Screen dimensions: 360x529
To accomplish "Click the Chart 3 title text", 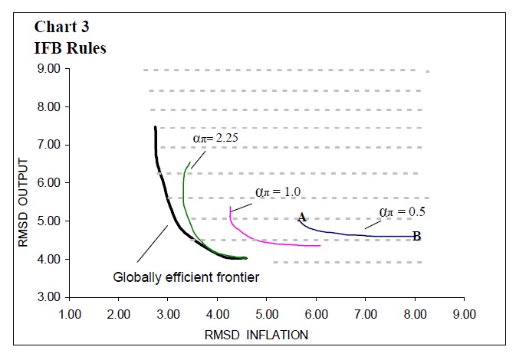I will (62, 26).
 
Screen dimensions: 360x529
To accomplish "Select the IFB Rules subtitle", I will (70, 47).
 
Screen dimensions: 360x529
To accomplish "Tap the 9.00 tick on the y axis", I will (48, 69).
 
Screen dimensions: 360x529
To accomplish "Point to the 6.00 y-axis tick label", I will (48, 183).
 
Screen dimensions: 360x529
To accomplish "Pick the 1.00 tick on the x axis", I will (70, 313).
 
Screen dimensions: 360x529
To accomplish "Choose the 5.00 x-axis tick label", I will (267, 313).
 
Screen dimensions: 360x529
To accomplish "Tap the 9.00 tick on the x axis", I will (465, 313).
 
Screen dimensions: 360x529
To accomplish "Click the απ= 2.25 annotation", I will (217, 139).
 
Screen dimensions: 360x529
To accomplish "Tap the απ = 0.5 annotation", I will (402, 211).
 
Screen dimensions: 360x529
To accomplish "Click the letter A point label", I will (302, 218).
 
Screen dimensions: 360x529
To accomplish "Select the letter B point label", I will (416, 237).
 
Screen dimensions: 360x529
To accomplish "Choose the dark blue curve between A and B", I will (353, 234).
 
